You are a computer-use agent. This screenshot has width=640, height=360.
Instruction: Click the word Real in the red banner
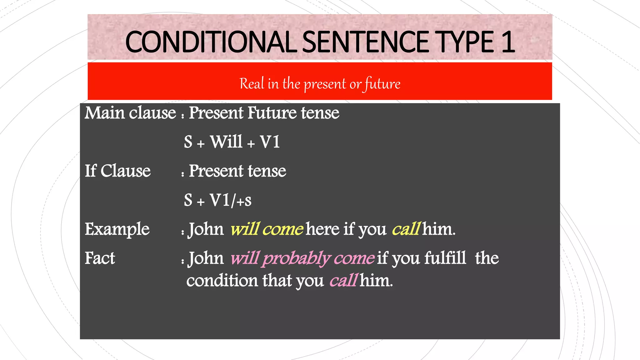click(252, 84)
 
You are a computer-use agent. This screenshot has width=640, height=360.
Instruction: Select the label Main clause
click(130, 113)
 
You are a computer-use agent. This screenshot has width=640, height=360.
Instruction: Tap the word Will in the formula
click(226, 142)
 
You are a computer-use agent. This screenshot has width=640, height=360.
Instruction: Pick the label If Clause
click(117, 171)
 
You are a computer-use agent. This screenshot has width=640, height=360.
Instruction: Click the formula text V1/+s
click(230, 200)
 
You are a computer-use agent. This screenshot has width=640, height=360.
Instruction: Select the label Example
click(117, 229)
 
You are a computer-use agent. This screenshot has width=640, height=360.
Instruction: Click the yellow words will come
click(267, 229)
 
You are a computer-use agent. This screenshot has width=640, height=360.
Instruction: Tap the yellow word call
click(406, 229)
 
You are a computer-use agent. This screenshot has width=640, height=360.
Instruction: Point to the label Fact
click(100, 258)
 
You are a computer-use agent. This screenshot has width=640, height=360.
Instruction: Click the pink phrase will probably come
click(302, 258)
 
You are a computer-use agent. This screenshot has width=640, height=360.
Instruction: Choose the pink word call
click(343, 280)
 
